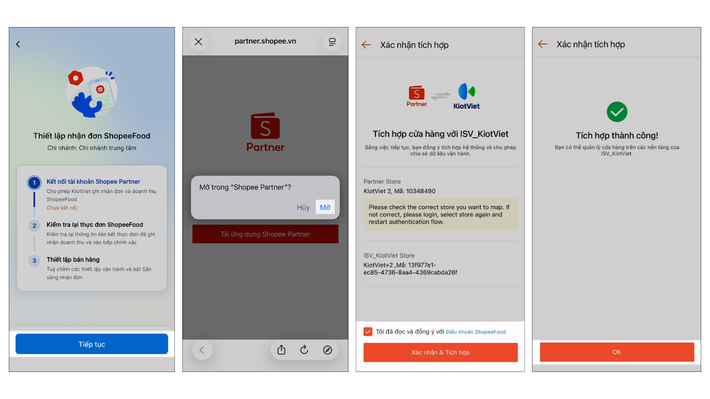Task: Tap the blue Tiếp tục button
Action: tap(91, 344)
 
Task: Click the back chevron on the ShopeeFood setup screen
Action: tap(18, 44)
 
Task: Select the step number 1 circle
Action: tap(34, 183)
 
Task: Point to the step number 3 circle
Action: tap(34, 261)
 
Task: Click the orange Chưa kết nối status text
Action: tap(62, 208)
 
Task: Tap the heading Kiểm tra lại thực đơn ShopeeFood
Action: tap(95, 224)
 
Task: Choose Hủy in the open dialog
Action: tap(304, 207)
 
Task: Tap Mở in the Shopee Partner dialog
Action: tap(325, 207)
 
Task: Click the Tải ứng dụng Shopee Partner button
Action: tap(265, 234)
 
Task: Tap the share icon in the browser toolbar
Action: tap(281, 350)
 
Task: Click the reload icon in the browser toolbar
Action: tap(304, 350)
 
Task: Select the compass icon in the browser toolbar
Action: tap(327, 350)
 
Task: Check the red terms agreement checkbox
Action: tap(368, 332)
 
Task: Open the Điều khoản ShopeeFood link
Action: tap(476, 332)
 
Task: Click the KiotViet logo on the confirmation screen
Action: tap(466, 96)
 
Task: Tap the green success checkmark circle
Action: tap(617, 112)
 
